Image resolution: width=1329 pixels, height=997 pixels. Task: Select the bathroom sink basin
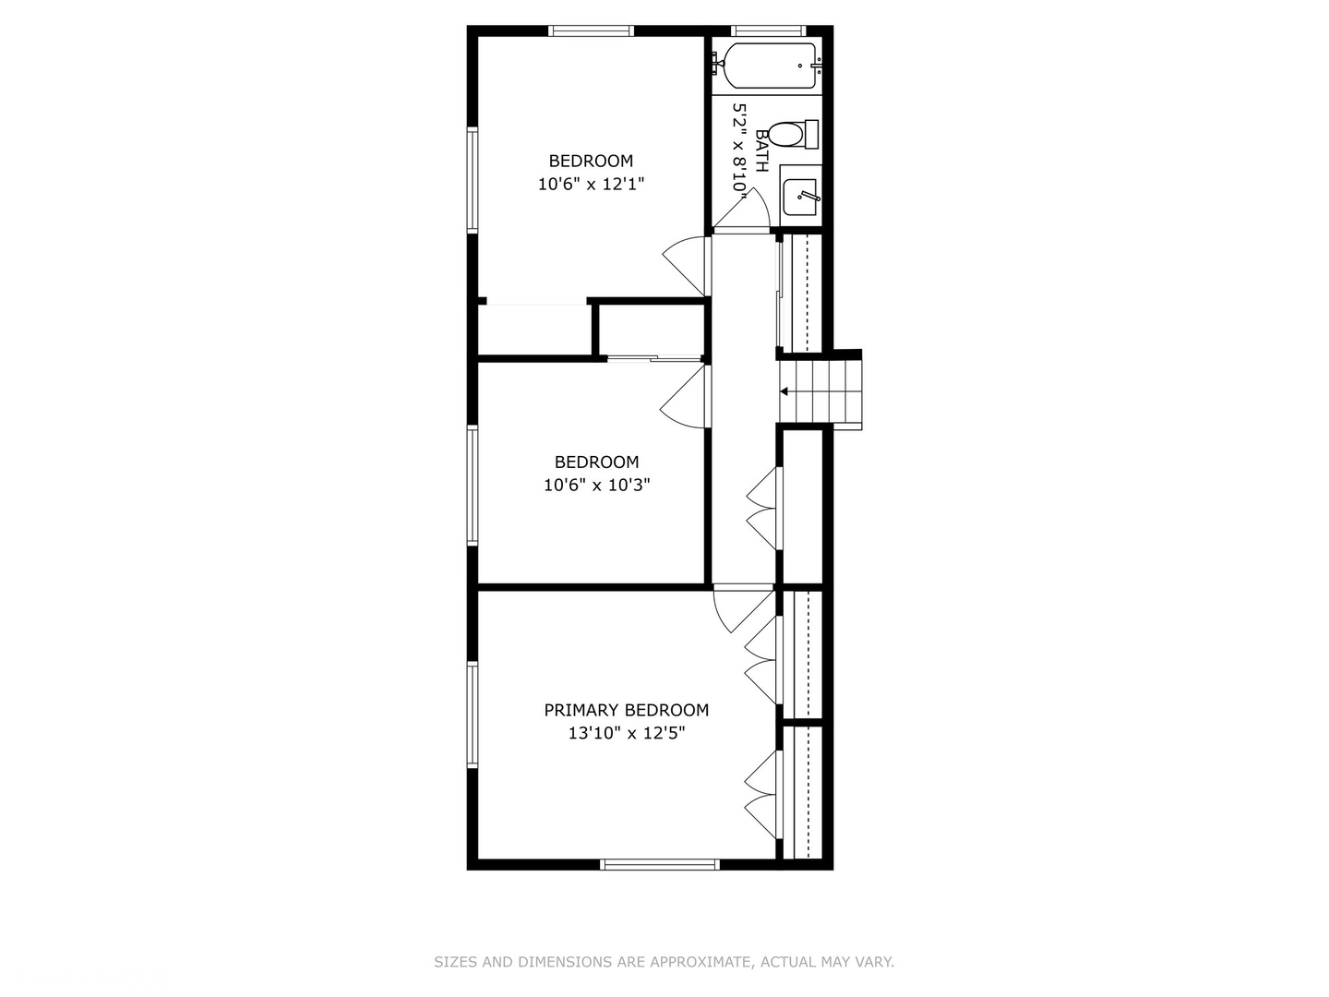799,198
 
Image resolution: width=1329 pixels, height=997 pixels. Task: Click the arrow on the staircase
784,391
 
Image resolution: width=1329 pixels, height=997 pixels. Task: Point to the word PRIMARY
581,710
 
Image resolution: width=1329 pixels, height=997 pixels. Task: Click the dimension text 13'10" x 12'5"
626,734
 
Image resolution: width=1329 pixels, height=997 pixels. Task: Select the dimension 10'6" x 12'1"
591,184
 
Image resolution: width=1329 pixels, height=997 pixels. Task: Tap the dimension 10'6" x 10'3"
596,485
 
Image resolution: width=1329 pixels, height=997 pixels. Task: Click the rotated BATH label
762,150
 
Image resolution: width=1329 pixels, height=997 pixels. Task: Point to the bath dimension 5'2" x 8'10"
739,147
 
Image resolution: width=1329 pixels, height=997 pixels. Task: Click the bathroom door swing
742,209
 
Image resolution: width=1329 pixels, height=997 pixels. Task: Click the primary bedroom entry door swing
744,611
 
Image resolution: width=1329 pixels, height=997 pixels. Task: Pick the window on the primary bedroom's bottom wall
659,864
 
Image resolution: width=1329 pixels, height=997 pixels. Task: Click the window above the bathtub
768,30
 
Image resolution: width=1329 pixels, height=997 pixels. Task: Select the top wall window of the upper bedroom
591,30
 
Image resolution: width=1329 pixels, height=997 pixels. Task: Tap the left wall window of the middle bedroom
473,486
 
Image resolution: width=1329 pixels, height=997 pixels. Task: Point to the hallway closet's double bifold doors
761,509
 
